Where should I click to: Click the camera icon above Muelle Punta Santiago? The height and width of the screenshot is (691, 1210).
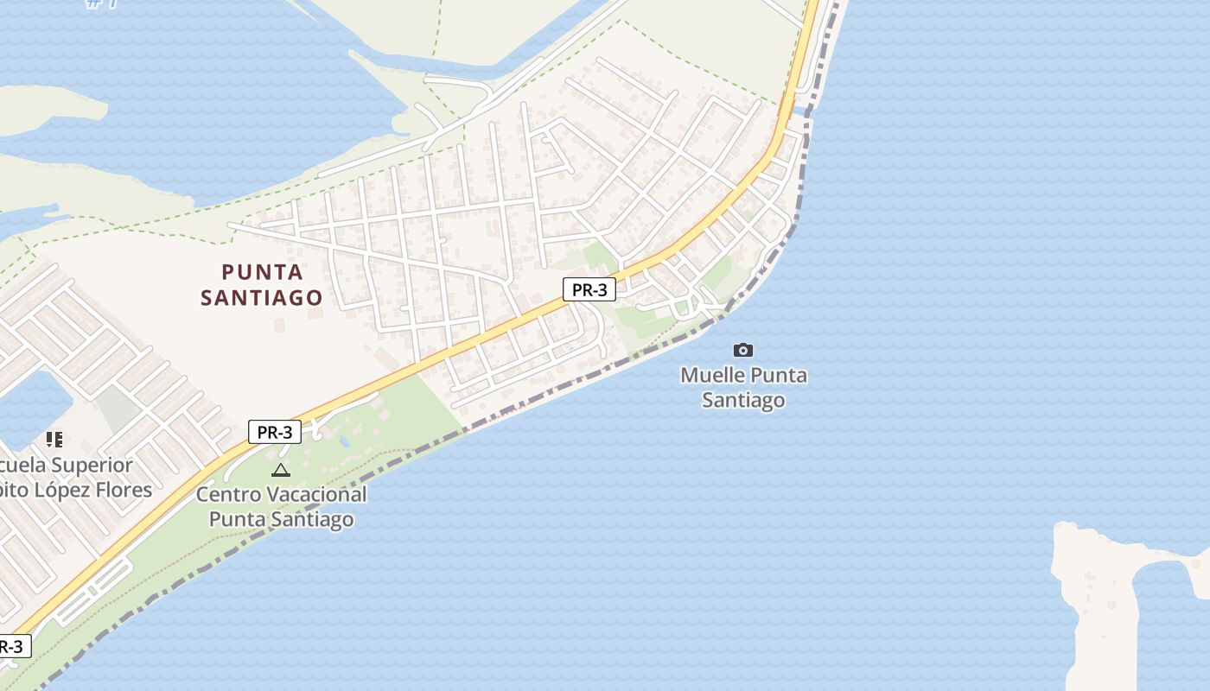tap(742, 350)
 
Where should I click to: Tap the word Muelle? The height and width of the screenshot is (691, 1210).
tap(712, 376)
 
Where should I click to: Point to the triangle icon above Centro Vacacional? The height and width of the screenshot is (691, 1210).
tap(280, 470)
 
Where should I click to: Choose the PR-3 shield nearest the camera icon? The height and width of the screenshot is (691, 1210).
tap(589, 289)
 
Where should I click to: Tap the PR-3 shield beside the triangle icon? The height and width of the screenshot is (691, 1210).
tap(275, 432)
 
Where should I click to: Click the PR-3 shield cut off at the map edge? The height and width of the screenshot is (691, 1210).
tap(13, 646)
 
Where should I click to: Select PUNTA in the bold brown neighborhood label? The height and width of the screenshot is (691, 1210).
tap(263, 272)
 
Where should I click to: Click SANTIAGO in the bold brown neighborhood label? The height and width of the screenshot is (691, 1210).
tap(262, 298)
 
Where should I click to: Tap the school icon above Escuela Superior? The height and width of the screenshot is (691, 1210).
tap(54, 440)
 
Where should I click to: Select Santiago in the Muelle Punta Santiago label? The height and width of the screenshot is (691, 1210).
tap(743, 400)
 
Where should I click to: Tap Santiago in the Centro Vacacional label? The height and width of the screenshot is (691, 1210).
tap(314, 519)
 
